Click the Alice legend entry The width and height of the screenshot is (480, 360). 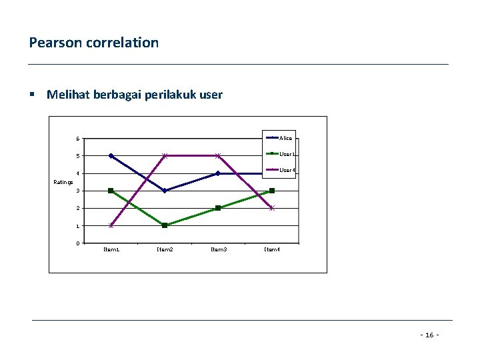(285, 138)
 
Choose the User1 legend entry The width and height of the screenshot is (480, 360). (287, 154)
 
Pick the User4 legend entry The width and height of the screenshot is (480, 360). (287, 170)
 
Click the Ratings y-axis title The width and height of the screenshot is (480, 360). (63, 182)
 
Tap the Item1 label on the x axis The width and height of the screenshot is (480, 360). (111, 249)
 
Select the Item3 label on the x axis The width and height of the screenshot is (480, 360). (218, 249)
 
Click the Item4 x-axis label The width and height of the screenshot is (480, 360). (272, 249)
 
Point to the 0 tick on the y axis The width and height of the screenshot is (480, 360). (78, 243)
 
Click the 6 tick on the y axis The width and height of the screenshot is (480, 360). (78, 139)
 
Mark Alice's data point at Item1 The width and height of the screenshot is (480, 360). (111, 156)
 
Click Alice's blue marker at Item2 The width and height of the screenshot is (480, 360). (165, 191)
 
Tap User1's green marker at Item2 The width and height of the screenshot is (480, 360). (165, 225)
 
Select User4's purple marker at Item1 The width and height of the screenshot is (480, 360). (111, 225)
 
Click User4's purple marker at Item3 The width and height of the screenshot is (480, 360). (218, 156)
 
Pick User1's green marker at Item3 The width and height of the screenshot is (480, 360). (218, 208)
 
